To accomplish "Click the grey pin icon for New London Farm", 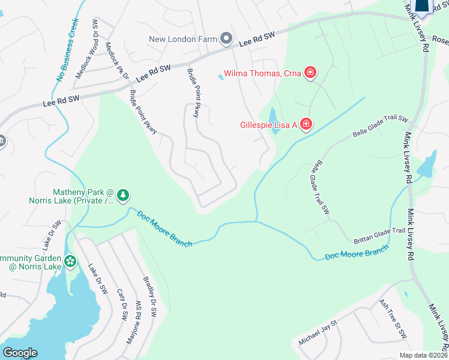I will [226, 39].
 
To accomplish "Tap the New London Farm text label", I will [182, 40].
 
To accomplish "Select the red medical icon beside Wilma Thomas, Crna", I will [310, 73].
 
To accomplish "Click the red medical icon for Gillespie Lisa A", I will [306, 124].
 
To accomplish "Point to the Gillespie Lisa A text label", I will [268, 125].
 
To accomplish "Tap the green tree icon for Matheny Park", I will [123, 194].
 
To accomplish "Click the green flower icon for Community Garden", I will [71, 261].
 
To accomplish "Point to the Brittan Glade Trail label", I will [379, 231].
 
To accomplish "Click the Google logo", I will [20, 353].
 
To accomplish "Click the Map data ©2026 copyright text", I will [423, 355].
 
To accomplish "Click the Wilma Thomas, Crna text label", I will [262, 74].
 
